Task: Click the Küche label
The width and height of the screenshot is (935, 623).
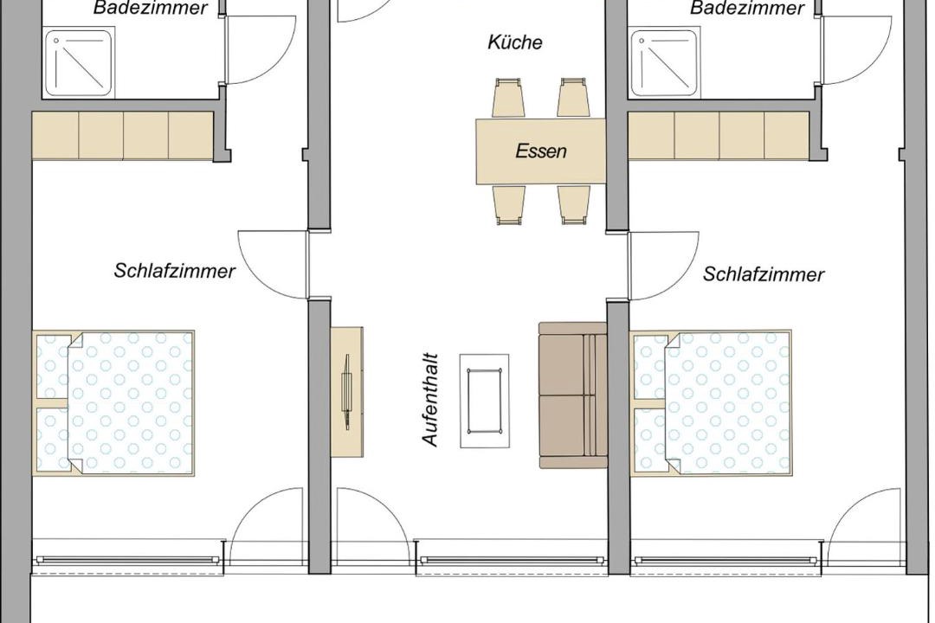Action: click(514, 42)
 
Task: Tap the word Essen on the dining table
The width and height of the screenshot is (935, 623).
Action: click(541, 151)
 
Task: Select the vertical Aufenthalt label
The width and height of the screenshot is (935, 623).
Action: click(430, 400)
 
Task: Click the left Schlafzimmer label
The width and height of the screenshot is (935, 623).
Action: click(174, 271)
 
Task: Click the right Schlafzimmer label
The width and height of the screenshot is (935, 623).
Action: click(764, 274)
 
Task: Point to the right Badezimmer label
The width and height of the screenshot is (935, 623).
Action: click(747, 9)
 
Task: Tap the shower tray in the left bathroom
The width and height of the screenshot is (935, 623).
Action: click(80, 63)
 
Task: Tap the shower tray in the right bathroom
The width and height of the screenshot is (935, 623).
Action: click(666, 63)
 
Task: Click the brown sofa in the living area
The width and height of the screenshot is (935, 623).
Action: click(572, 395)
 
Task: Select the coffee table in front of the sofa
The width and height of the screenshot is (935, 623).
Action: click(484, 401)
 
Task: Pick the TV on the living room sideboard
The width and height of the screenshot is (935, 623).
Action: click(345, 392)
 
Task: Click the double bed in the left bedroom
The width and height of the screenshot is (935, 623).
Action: click(113, 402)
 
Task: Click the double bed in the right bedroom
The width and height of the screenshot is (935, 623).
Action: click(712, 402)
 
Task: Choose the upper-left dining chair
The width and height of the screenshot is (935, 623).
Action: click(509, 97)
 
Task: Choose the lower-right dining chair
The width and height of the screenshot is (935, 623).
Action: click(574, 205)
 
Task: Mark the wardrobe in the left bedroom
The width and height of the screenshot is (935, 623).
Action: click(122, 135)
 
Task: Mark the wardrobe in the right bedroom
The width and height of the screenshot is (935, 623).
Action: click(719, 135)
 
